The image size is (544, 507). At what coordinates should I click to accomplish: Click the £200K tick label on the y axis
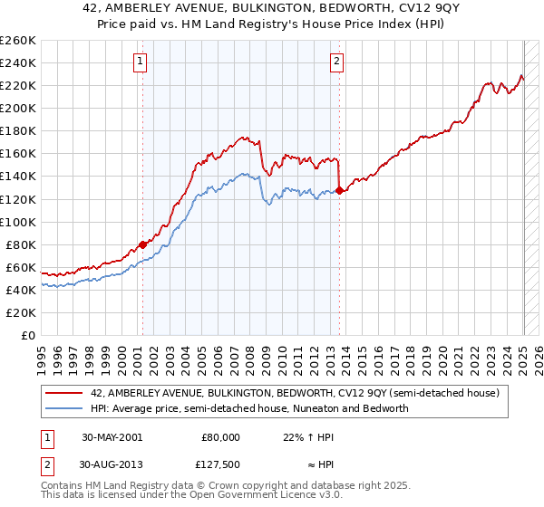[x=17, y=108]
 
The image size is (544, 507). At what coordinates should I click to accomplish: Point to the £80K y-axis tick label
[x=20, y=244]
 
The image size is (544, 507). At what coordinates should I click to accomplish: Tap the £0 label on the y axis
[x=29, y=335]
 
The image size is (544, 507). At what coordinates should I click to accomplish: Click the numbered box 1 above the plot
[x=141, y=62]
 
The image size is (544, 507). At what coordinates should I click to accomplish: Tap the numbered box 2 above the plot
[x=336, y=62]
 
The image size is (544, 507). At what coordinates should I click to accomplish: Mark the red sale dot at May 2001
[x=143, y=244]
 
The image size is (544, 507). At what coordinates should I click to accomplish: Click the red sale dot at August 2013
[x=339, y=190]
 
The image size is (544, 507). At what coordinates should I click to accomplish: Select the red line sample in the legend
[x=63, y=392]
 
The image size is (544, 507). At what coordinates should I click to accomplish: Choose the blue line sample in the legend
[x=63, y=408]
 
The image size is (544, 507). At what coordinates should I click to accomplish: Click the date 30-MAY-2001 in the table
[x=112, y=436]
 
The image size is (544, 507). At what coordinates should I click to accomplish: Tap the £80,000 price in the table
[x=220, y=436]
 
